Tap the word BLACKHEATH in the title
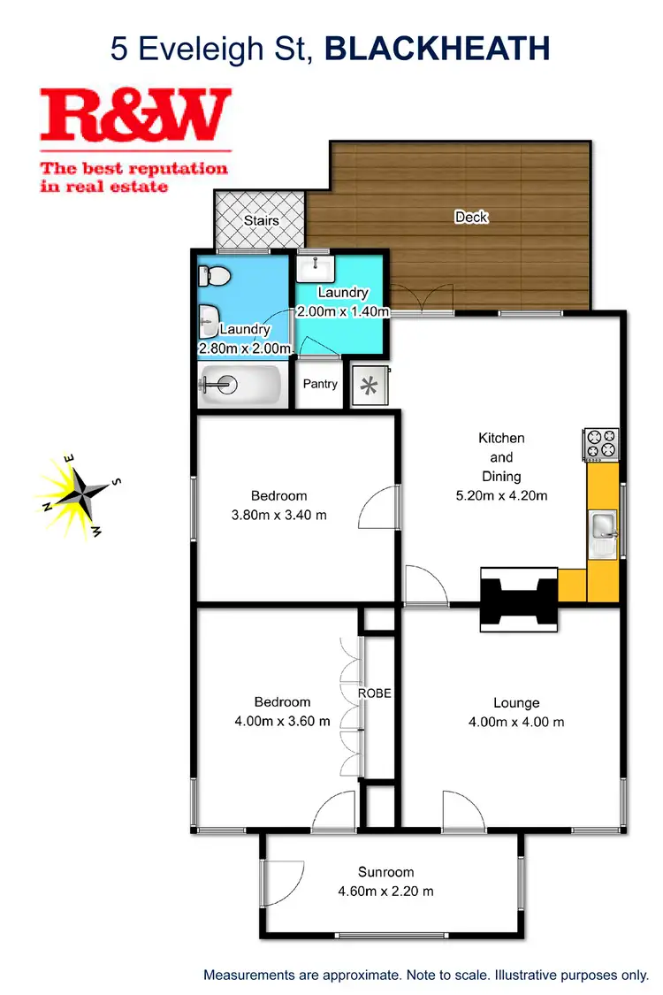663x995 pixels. (x=438, y=49)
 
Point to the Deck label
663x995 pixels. (x=470, y=217)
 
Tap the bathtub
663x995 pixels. (x=240, y=385)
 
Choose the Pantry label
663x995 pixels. (x=320, y=384)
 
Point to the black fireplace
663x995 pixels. (x=519, y=599)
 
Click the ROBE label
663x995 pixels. (x=375, y=693)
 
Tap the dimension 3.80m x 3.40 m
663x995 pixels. (x=279, y=514)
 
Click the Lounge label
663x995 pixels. (x=516, y=703)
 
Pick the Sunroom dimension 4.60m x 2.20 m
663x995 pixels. (x=386, y=891)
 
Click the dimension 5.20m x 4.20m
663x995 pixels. (x=501, y=495)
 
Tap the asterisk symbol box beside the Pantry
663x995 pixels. (x=369, y=386)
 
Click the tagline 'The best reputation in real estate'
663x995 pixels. (x=134, y=177)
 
